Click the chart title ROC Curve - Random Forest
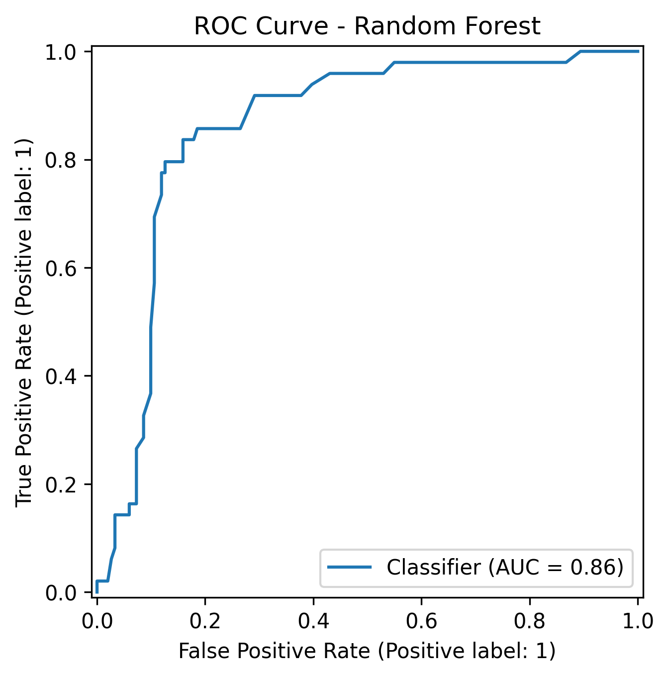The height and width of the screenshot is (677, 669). [367, 26]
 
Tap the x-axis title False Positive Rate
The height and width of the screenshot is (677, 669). [367, 651]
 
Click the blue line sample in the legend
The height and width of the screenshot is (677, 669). [349, 568]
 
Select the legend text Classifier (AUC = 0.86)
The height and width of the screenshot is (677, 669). [505, 568]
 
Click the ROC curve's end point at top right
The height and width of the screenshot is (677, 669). [638, 51]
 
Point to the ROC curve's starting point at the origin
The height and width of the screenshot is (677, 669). [97, 592]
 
